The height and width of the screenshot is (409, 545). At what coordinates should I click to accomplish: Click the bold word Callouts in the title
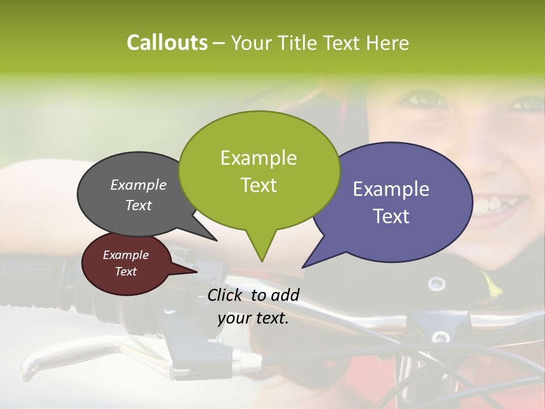pyautogui.click(x=167, y=43)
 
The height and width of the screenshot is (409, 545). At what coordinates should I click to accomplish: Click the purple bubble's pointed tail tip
pyautogui.click(x=303, y=267)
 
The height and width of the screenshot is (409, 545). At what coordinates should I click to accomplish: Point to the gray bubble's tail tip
pyautogui.click(x=216, y=240)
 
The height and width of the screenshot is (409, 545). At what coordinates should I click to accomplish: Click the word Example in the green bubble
pyautogui.click(x=258, y=158)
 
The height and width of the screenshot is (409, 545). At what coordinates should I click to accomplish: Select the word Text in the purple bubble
pyautogui.click(x=391, y=216)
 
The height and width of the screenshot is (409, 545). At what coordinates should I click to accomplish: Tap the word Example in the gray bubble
pyautogui.click(x=138, y=185)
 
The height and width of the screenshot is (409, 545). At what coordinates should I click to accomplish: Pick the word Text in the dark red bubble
pyautogui.click(x=125, y=272)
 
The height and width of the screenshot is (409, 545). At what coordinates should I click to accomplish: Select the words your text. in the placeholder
pyautogui.click(x=253, y=318)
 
